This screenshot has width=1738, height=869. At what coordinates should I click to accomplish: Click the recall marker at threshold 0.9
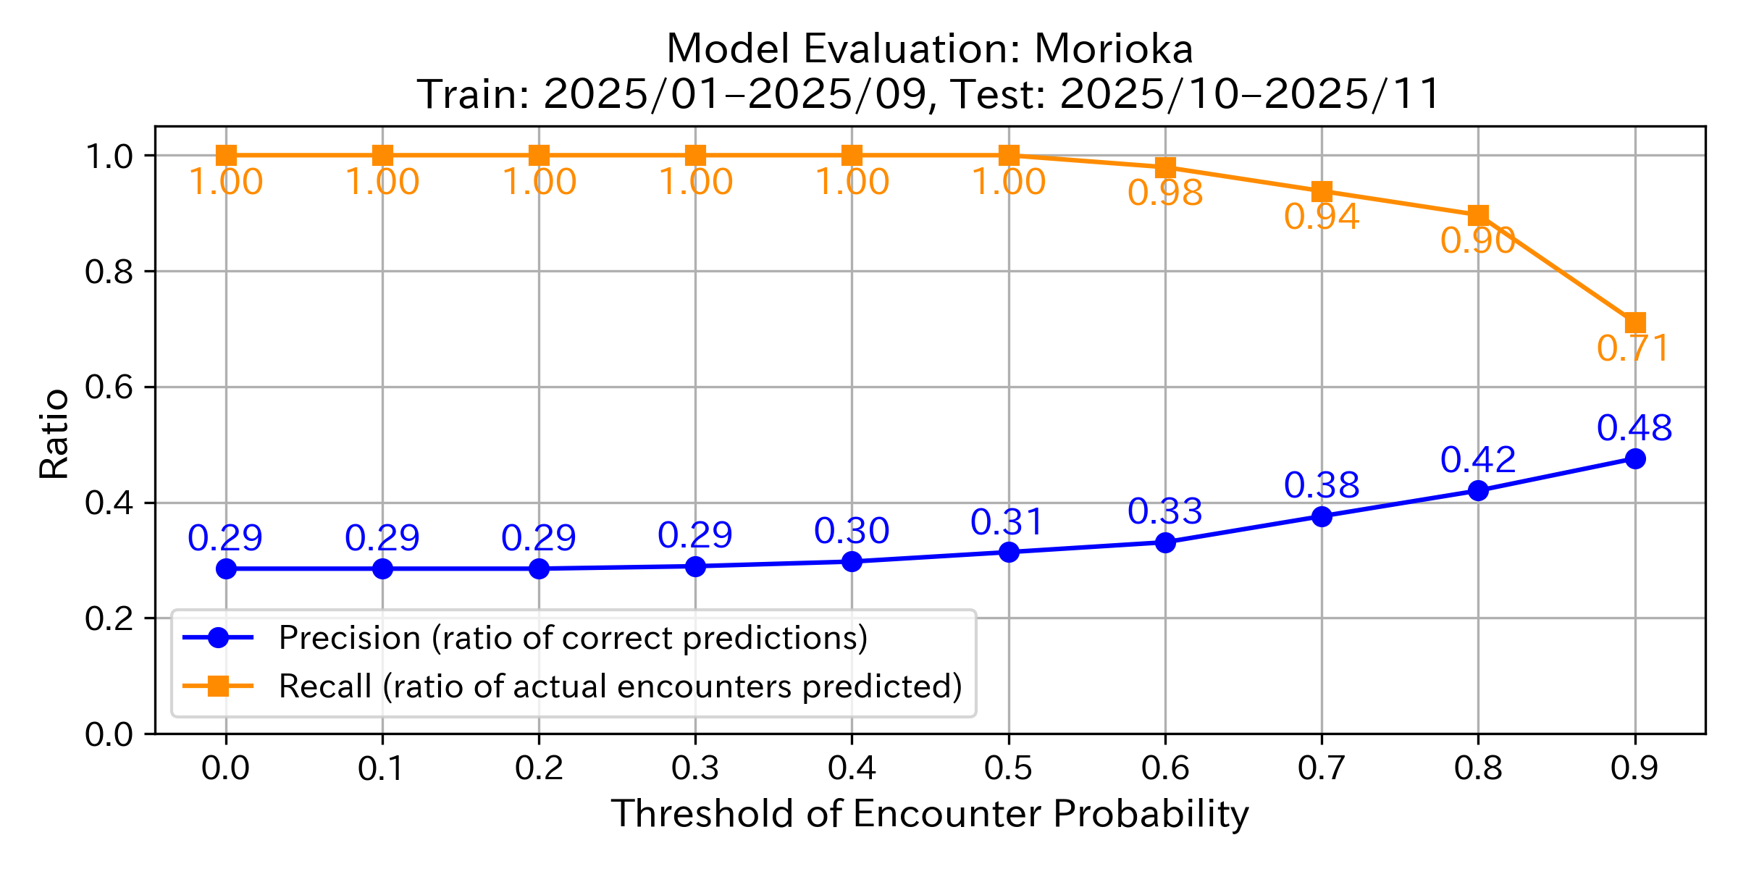[1634, 322]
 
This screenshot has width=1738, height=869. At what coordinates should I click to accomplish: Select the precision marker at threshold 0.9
[1634, 458]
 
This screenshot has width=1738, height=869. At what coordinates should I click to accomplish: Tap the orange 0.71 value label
[1633, 349]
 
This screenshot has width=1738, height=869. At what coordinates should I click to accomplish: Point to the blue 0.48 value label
[1634, 428]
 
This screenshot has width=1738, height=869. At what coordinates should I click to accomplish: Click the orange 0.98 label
[1165, 193]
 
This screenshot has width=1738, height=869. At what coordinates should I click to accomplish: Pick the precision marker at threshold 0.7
[1322, 516]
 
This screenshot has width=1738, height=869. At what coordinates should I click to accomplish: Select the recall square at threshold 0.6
[1165, 167]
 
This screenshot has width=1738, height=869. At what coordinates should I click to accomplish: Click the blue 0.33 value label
[1165, 512]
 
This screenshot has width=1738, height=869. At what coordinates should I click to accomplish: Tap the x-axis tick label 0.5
[1008, 768]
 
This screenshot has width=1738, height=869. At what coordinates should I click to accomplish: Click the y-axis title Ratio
[54, 434]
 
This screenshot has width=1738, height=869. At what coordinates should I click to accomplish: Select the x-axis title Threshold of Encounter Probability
[930, 814]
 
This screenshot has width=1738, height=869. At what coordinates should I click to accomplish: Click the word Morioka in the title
[1113, 49]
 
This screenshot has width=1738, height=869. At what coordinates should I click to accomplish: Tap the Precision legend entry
[572, 638]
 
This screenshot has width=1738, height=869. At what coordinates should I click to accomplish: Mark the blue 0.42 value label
[1478, 461]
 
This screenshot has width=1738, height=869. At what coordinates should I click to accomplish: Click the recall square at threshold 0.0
[226, 155]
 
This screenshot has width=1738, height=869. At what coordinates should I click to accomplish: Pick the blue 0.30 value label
[852, 532]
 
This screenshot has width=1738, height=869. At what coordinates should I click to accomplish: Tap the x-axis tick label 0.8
[1478, 768]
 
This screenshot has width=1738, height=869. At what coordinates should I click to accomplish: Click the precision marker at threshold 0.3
[695, 566]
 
